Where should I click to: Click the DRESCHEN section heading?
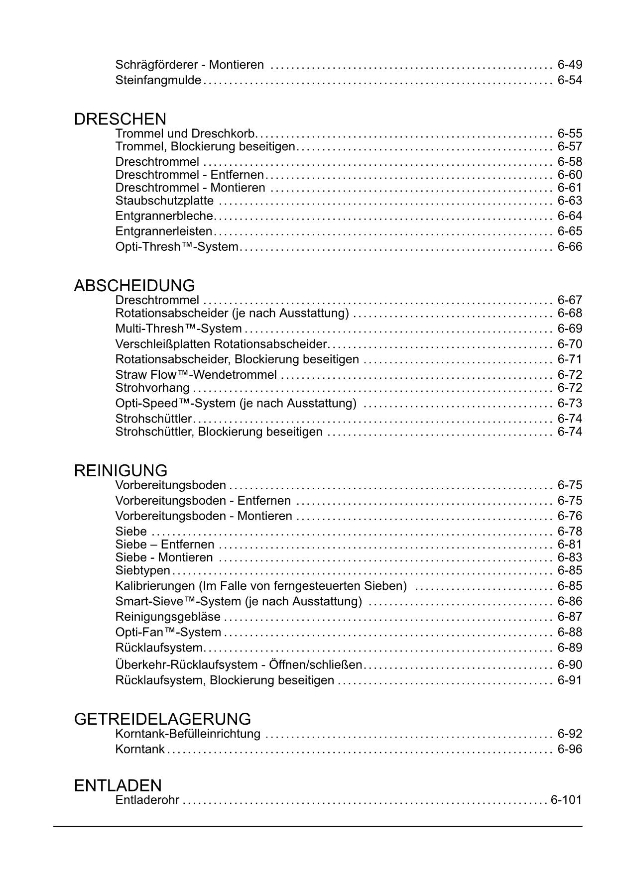click(x=120, y=119)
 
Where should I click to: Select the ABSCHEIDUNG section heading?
click(x=134, y=286)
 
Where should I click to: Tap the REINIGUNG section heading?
click(x=121, y=471)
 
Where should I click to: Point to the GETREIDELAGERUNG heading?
click(x=162, y=719)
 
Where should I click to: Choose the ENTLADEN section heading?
click(x=118, y=786)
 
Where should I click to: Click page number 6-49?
click(x=570, y=65)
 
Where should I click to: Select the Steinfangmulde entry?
click(x=158, y=80)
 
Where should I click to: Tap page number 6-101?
click(x=566, y=800)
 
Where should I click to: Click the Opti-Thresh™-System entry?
click(x=177, y=247)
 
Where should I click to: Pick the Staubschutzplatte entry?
click(x=164, y=201)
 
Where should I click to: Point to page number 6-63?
click(x=570, y=201)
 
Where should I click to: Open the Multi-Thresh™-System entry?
click(x=178, y=329)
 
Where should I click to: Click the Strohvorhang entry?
click(x=152, y=388)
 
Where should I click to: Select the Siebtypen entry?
click(x=143, y=570)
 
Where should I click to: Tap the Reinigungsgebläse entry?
click(x=168, y=617)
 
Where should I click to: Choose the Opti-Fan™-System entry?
click(x=168, y=633)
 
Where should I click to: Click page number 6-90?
click(x=570, y=665)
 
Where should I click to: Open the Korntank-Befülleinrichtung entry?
click(x=188, y=734)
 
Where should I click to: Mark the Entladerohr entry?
click(x=147, y=800)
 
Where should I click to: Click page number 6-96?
click(x=570, y=750)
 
